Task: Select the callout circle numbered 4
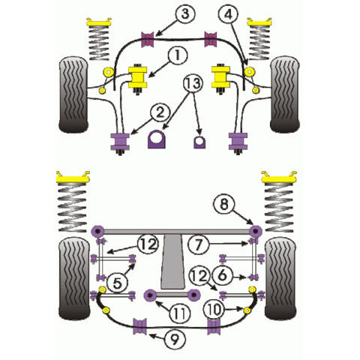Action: pos(229,13)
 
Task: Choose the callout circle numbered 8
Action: pos(223,201)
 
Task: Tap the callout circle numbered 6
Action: pos(222,276)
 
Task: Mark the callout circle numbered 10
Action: pos(214,307)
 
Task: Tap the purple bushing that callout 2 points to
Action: pos(119,140)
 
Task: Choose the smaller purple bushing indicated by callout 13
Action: pos(199,141)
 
